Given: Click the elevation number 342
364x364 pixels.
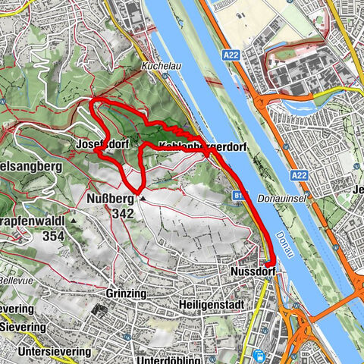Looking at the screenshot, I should click(x=121, y=214).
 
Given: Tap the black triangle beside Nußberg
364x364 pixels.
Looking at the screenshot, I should click(x=143, y=199).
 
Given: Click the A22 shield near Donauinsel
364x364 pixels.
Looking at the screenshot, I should click(x=299, y=175).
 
